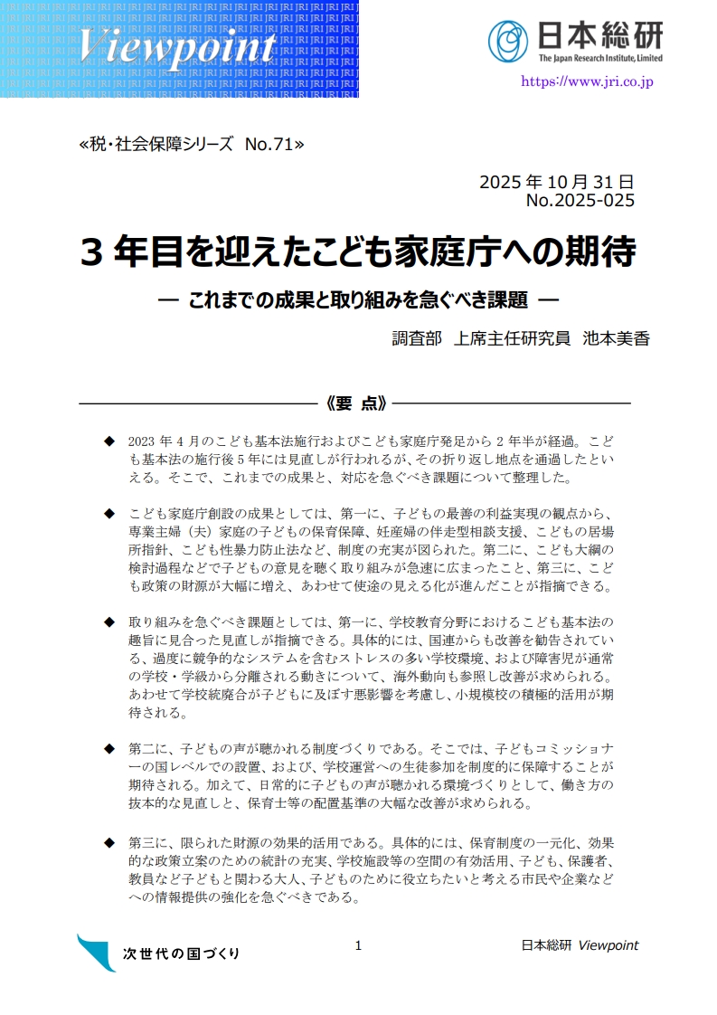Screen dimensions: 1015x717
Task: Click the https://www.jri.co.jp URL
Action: (587, 81)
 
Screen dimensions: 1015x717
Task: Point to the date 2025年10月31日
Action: (556, 181)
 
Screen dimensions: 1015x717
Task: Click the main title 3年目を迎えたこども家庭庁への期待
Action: (358, 251)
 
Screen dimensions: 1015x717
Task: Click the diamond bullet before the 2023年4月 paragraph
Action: (109, 441)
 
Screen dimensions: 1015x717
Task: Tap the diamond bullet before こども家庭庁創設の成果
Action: (109, 514)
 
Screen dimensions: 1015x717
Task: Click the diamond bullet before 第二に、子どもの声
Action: (109, 749)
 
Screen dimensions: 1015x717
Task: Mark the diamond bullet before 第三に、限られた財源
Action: (109, 842)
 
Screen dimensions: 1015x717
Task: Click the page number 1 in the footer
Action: (358, 945)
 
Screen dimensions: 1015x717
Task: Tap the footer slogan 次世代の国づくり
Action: (181, 953)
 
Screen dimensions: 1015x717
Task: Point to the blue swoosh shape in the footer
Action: (96, 951)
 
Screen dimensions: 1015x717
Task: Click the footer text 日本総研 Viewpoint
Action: (580, 945)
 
